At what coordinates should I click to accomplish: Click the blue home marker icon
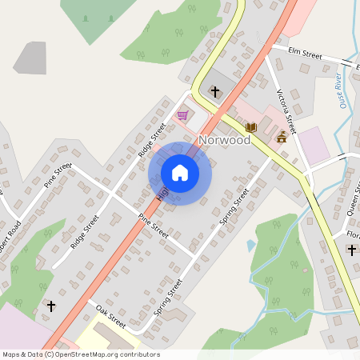pos(180,173)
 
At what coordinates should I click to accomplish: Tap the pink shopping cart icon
pos(183,115)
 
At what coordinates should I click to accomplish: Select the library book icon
pos(251,127)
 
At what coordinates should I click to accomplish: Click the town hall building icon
pos(282,138)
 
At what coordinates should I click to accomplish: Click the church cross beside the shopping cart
pos(214,92)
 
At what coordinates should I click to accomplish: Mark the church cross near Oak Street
pos(52,306)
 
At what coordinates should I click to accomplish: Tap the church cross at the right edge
pos(352,250)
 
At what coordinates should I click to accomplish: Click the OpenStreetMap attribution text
pos(81,354)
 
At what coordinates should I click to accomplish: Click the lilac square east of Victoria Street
pos(313,145)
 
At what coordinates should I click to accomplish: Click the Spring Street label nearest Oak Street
pos(169,296)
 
